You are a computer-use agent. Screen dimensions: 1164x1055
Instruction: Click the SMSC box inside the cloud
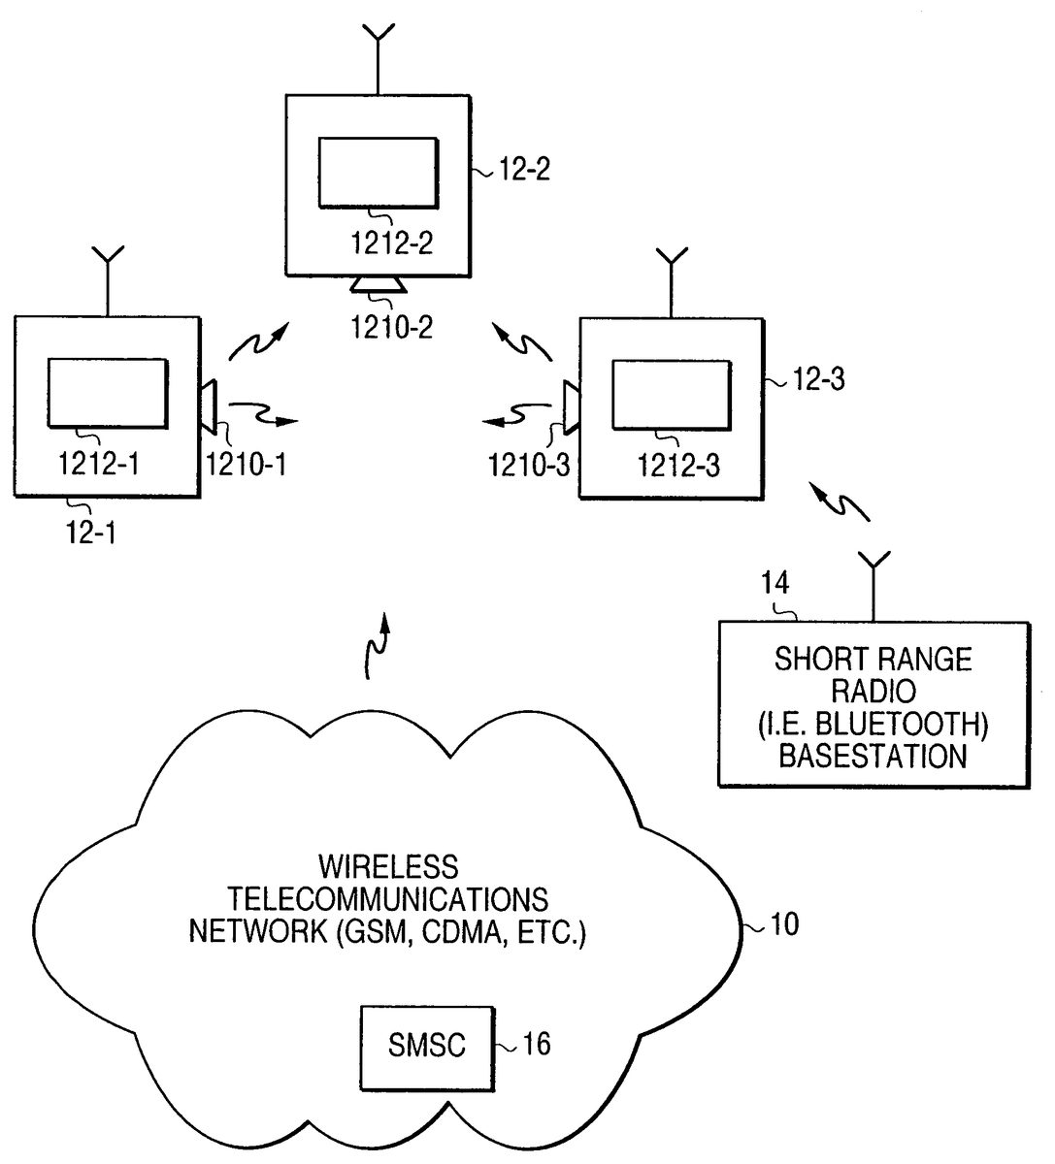(426, 1047)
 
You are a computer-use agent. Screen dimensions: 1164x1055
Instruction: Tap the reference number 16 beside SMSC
(536, 1044)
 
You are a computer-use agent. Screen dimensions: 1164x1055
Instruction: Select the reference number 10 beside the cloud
(783, 924)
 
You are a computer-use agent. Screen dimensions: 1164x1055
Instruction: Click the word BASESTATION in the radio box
(874, 756)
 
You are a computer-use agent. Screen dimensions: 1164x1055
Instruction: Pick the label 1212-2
(379, 242)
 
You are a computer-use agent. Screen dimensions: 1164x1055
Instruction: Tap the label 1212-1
(100, 464)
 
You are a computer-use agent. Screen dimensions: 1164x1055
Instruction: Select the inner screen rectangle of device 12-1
(108, 392)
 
